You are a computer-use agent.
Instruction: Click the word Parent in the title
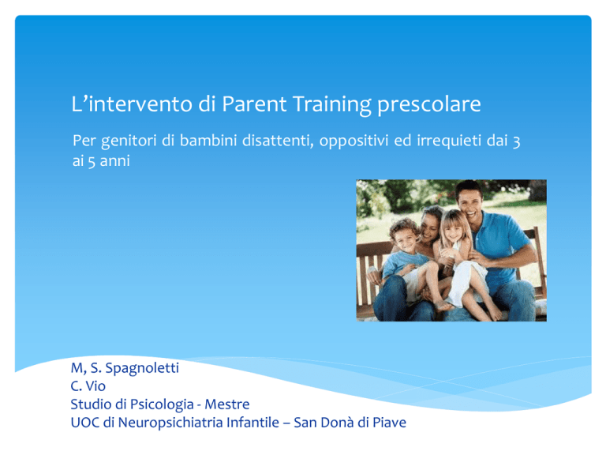click(x=254, y=104)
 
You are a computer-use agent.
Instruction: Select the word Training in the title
click(x=332, y=105)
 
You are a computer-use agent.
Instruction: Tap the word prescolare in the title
click(x=429, y=105)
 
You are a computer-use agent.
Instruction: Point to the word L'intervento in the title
click(x=132, y=104)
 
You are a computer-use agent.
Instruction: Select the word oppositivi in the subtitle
click(x=353, y=141)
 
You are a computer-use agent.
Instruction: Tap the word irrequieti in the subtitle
click(x=449, y=141)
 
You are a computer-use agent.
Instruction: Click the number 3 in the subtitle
click(x=516, y=142)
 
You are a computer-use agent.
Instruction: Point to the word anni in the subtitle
click(x=114, y=161)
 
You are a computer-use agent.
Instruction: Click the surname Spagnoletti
click(x=142, y=368)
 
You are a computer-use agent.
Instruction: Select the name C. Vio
click(x=88, y=385)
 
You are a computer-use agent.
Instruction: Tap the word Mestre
click(x=227, y=404)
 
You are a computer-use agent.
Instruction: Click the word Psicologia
click(x=162, y=404)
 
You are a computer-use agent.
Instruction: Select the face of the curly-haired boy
click(x=406, y=238)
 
